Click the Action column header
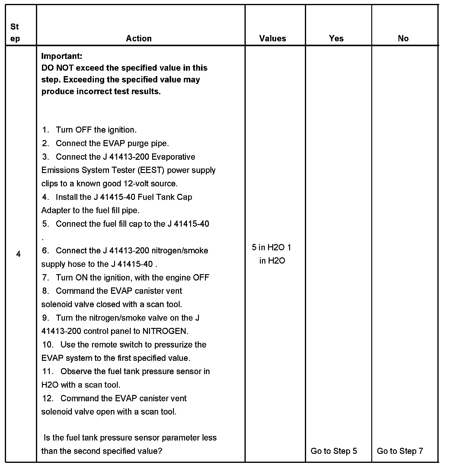coord(139,38)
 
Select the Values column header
coord(272,38)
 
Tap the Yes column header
coord(336,38)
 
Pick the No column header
coord(403,38)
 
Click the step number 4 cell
coord(18,254)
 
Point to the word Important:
coord(62,56)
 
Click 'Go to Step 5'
coord(334,451)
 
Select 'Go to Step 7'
coord(400,451)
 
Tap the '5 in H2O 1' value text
coord(271,248)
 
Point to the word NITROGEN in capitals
coord(165,331)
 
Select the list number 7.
coord(45,278)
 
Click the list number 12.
coord(47,399)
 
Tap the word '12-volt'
coord(138,184)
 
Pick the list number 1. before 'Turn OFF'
coord(45,130)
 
